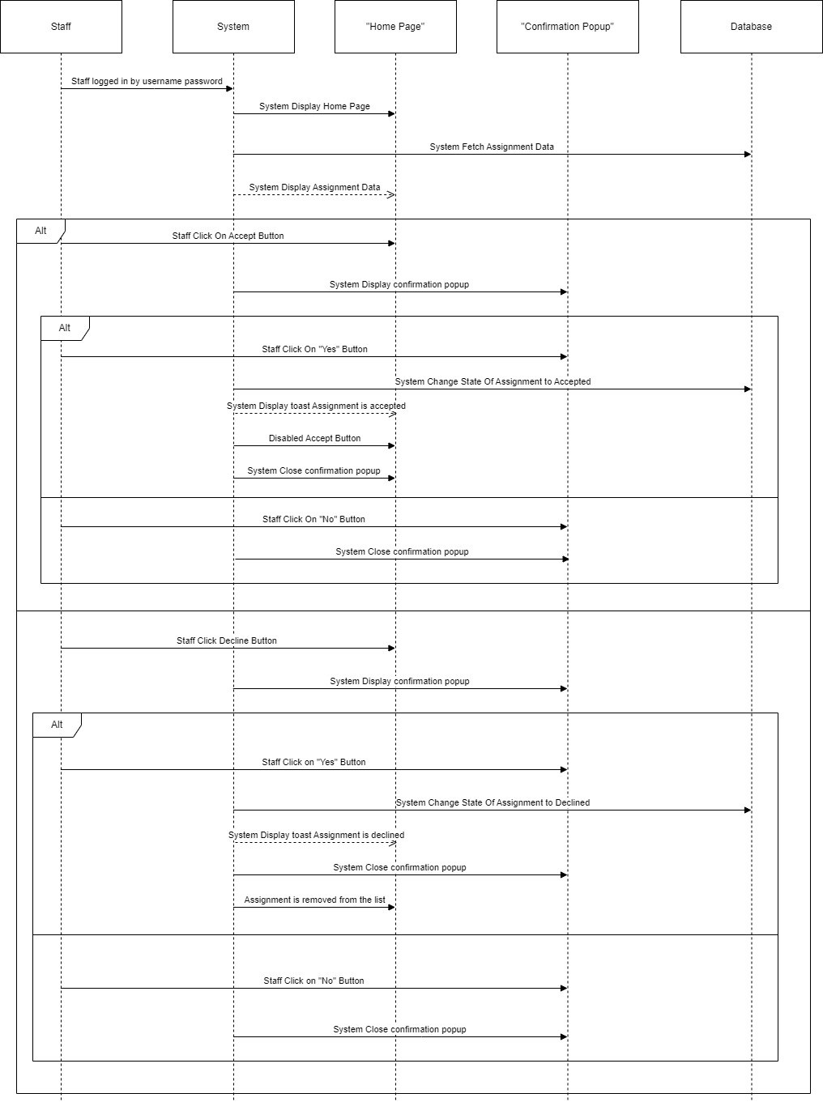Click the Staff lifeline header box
click(61, 27)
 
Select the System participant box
click(233, 27)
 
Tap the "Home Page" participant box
click(395, 27)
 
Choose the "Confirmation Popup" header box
click(567, 27)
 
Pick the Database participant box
click(751, 27)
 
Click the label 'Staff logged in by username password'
click(147, 81)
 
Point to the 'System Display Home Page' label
click(314, 106)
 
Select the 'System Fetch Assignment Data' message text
click(492, 147)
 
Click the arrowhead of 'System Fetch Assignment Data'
click(748, 154)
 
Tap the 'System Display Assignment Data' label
click(314, 187)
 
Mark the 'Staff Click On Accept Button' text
click(228, 236)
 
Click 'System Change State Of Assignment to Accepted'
click(493, 381)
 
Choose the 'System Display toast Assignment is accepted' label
click(316, 406)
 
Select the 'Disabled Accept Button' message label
click(314, 438)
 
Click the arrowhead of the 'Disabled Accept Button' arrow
click(392, 445)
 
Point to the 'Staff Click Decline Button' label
click(227, 640)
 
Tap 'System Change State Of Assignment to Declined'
click(493, 802)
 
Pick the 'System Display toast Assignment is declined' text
click(316, 835)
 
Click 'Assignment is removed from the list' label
click(314, 900)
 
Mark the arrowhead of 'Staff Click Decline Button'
click(392, 648)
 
